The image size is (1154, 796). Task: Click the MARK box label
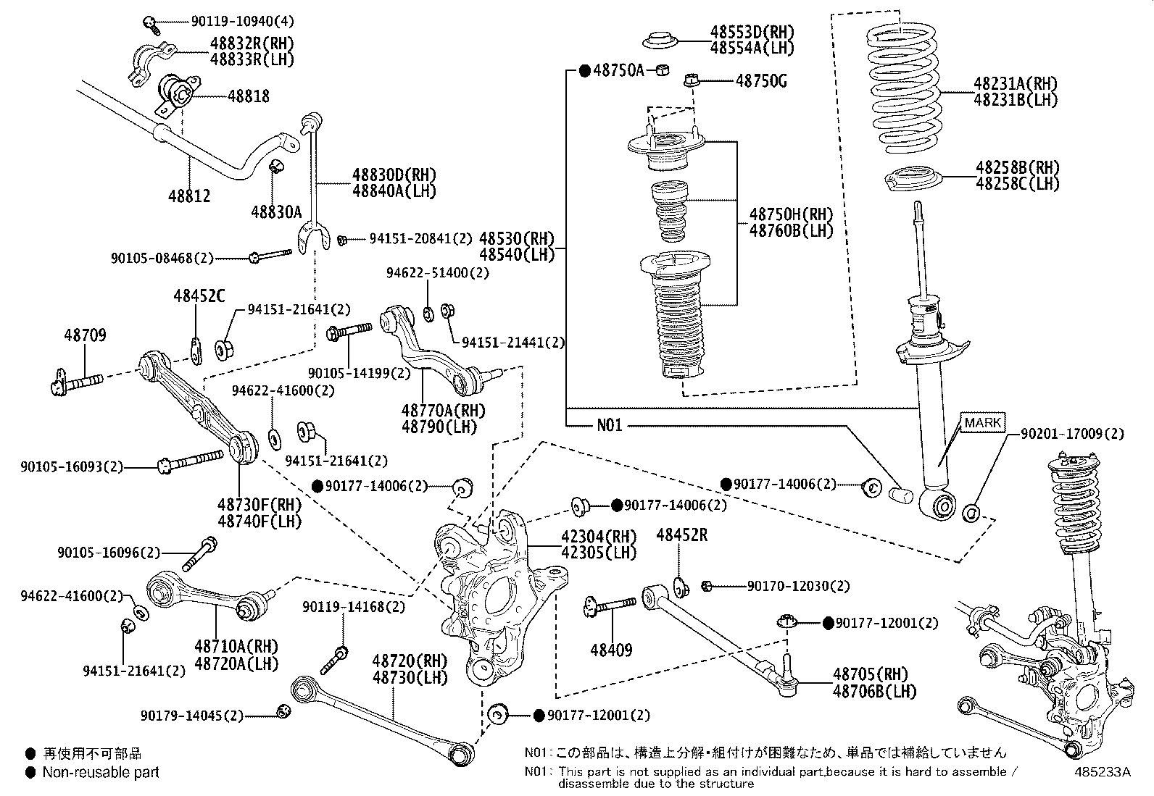[983, 422]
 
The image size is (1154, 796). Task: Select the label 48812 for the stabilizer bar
[189, 196]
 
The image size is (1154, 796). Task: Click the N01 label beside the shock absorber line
[610, 425]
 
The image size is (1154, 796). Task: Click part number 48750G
[761, 81]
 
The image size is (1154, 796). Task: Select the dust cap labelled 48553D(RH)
[659, 40]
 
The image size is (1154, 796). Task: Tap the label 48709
[85, 335]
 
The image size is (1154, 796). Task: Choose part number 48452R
[681, 535]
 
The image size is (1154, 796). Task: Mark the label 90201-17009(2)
[1072, 434]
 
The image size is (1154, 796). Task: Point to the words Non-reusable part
[101, 772]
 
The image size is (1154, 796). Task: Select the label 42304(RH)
[598, 537]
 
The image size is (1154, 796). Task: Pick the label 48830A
[276, 211]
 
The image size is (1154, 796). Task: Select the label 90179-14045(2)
[192, 716]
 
